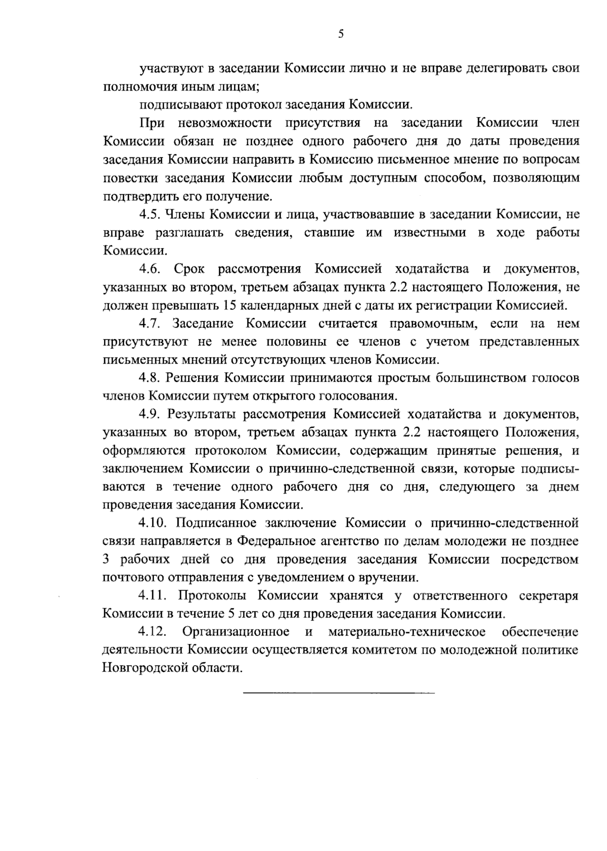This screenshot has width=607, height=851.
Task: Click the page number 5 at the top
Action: (341, 34)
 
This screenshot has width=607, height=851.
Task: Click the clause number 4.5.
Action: (150, 215)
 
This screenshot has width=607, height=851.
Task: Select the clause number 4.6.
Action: (150, 269)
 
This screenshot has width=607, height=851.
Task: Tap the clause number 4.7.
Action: (150, 324)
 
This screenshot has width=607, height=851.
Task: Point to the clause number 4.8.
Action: (150, 378)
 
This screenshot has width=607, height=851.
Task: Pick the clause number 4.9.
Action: (150, 415)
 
